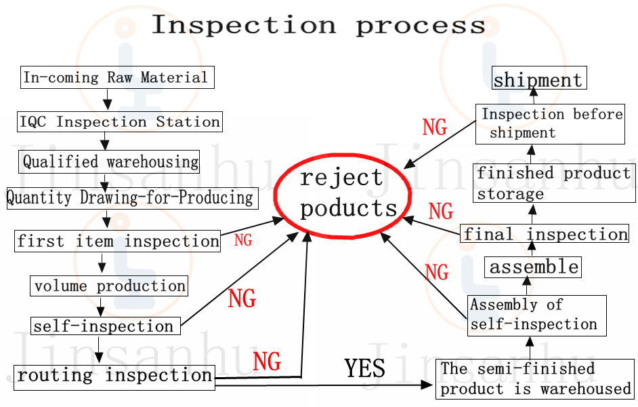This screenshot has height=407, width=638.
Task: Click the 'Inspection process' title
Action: tap(318, 25)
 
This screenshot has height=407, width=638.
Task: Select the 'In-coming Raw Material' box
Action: tap(116, 77)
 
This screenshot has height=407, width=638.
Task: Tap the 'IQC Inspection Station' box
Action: tap(119, 122)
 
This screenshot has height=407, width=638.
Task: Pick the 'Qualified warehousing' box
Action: tap(110, 161)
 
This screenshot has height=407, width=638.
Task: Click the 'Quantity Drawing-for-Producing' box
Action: tap(130, 197)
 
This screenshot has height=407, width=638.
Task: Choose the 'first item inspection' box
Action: tap(118, 241)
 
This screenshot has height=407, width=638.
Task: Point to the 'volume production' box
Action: tap(109, 286)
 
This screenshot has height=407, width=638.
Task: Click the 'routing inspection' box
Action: tap(114, 376)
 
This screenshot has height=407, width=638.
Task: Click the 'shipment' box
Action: tap(538, 79)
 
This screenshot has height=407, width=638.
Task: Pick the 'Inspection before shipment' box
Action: tap(549, 123)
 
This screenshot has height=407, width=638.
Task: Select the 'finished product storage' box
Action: tap(553, 183)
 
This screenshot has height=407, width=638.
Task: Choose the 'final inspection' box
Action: tap(545, 234)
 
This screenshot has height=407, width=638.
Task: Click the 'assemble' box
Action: tap(533, 267)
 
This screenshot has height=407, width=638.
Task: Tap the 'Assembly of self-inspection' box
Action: tap(536, 315)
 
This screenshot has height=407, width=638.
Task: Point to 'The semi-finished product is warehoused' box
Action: tap(535, 379)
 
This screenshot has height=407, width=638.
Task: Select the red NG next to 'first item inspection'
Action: tap(243, 239)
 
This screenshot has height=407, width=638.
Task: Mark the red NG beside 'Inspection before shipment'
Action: tap(435, 127)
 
